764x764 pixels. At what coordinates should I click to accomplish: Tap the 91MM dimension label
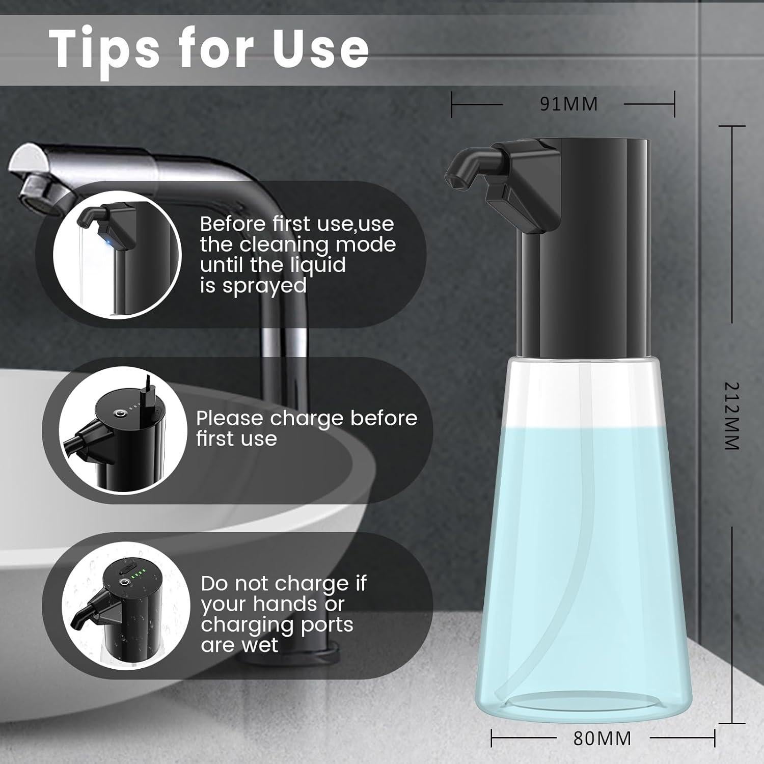568,104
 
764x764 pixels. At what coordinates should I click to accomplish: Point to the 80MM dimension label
602,738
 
